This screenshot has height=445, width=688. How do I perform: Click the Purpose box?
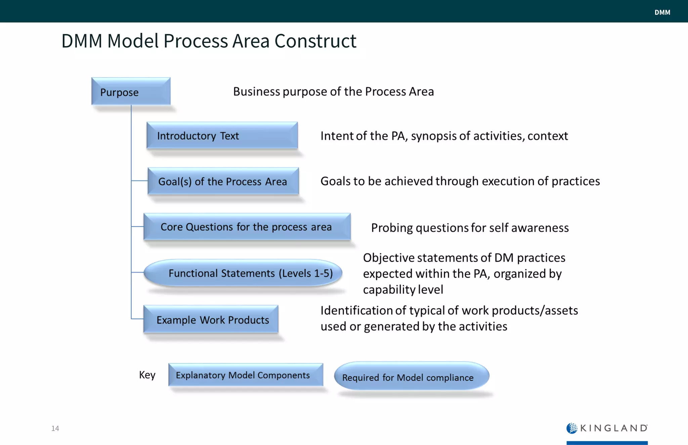pos(131,91)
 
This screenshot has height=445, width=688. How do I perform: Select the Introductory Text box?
pos(222,135)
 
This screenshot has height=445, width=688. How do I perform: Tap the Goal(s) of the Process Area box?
pos(223,181)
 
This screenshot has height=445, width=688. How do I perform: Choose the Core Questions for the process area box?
pos(247,227)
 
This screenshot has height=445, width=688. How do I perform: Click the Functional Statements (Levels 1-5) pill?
pos(243,273)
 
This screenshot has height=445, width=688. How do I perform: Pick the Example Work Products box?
pos(211,319)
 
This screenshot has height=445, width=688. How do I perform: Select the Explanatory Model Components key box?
pos(246,375)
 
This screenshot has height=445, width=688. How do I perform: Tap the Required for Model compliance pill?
pos(412,376)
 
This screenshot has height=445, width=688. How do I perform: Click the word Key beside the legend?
pos(147,375)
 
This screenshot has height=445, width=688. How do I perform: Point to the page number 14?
pos(55,428)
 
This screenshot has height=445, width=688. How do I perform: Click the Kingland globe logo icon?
pos(572,428)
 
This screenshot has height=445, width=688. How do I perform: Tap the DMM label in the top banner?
pos(662,12)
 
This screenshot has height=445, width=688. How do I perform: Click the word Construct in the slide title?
pos(315,41)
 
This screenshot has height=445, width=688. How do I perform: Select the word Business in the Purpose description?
pos(257,91)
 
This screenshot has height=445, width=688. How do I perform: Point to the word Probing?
pos(392,228)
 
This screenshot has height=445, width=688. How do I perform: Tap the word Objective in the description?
pos(389,258)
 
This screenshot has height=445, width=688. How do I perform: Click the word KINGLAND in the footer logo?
pos(614,428)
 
